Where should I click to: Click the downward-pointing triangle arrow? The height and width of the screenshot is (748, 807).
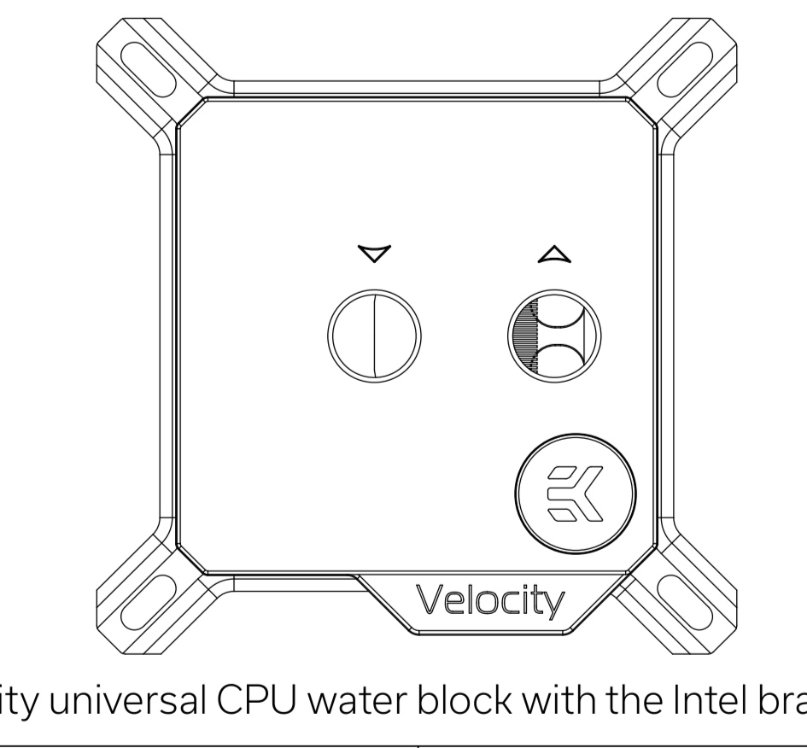(374, 254)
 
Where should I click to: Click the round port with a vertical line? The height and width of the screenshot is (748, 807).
(374, 330)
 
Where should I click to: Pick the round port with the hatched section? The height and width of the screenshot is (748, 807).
(555, 330)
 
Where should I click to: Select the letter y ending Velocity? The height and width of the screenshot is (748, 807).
(553, 605)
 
